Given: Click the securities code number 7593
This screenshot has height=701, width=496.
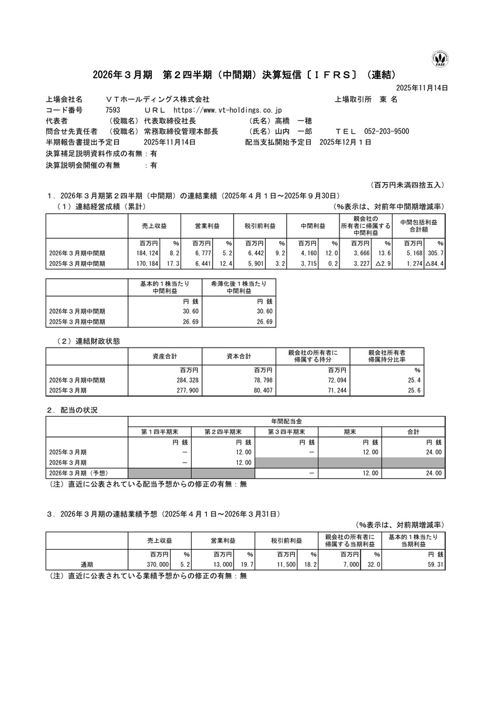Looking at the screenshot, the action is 113,109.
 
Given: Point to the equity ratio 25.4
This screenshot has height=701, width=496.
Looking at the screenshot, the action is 413,380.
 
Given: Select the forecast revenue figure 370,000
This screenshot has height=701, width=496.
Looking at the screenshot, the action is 157,564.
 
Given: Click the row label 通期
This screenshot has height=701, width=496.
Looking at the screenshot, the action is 87,564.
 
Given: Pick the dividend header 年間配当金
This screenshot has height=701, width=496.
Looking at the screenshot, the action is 286,421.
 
